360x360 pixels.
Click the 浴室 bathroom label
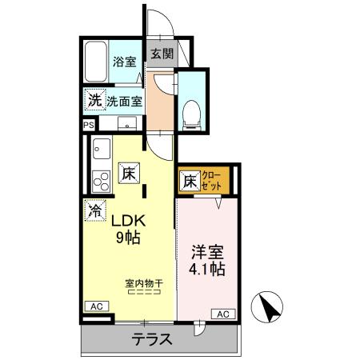124,62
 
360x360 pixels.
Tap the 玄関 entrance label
161,54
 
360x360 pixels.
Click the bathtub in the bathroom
96,61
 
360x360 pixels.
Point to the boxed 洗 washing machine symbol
94,102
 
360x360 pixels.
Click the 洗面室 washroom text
124,102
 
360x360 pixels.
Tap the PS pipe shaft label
88,125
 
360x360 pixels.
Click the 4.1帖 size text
206,269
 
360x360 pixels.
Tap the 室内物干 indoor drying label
144,283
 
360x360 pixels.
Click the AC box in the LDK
94,306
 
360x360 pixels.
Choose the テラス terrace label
153,339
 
